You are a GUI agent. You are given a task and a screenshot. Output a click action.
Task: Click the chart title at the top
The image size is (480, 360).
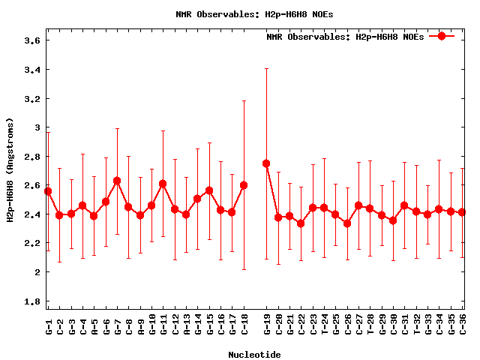click(240, 14)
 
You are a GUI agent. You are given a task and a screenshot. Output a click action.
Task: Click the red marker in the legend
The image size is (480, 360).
click(442, 36)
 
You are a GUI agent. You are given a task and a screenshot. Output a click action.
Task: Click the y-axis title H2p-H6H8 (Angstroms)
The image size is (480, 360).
click(10, 170)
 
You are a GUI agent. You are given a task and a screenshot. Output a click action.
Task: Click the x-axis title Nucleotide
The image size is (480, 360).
click(255, 355)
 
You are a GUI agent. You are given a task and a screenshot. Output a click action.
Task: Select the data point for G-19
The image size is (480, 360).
click(266, 163)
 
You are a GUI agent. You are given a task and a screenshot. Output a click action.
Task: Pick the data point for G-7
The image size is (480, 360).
click(117, 181)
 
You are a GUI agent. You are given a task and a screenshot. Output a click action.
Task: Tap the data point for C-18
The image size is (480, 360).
click(244, 185)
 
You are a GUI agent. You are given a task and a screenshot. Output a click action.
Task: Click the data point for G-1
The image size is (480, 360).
click(48, 191)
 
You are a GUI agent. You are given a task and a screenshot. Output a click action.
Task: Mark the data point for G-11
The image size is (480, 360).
click(163, 184)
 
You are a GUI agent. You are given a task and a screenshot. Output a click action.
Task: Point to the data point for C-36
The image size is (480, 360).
click(462, 212)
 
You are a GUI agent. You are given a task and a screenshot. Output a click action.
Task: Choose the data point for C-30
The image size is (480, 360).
click(393, 220)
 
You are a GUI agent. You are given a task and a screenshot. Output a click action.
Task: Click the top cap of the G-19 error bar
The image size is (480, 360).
click(266, 68)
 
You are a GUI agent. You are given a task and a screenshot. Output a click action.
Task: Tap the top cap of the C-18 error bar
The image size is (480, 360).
click(244, 100)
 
